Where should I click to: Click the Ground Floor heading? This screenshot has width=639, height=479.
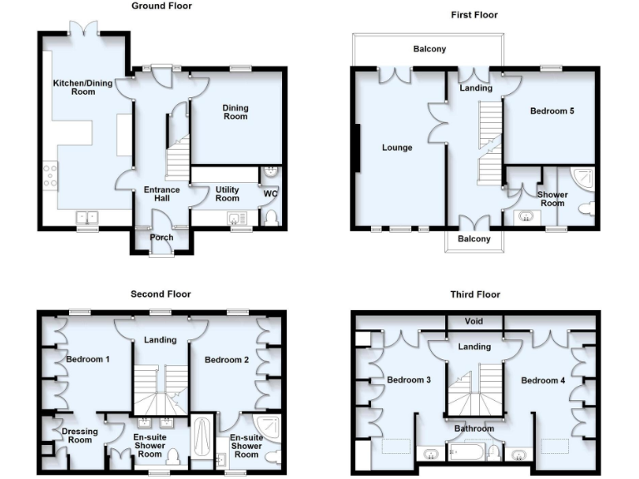(161, 6)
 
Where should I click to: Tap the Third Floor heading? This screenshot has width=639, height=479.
(474, 294)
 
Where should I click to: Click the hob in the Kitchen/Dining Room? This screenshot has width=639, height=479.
(49, 177)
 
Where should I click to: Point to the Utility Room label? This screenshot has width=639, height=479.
(227, 194)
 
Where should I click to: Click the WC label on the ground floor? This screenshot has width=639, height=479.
(270, 195)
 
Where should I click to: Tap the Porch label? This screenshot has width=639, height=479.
(161, 238)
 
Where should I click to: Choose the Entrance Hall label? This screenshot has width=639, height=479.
(161, 194)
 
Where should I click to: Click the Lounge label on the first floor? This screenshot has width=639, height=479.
(397, 148)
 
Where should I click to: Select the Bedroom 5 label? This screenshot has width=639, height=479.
(553, 111)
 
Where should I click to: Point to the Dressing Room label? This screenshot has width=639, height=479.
(80, 435)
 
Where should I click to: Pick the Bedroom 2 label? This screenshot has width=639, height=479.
(227, 359)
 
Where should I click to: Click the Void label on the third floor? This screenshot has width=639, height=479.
(473, 321)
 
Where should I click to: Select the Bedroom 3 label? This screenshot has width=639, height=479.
(409, 380)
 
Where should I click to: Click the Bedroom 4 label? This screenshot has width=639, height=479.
(543, 380)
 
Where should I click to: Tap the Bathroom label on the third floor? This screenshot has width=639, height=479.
(473, 429)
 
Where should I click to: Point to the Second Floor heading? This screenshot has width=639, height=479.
(161, 294)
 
